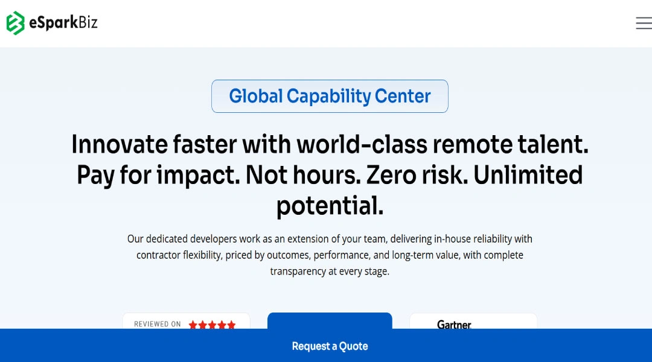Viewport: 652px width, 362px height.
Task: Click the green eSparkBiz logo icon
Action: pyautogui.click(x=15, y=23)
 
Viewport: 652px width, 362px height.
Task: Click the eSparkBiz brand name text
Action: pyautogui.click(x=63, y=22)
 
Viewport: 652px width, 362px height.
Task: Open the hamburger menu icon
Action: pyautogui.click(x=644, y=23)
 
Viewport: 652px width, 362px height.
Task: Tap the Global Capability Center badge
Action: pyautogui.click(x=330, y=96)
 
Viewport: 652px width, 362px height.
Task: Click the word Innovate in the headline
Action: pyautogui.click(x=120, y=144)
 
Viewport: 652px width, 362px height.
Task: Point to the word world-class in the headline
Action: pyautogui.click(x=362, y=144)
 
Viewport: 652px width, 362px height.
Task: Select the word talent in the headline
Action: pyautogui.click(x=552, y=144)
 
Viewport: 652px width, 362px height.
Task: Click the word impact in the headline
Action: pyautogui.click(x=198, y=175)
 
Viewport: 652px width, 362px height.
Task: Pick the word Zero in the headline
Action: pyautogui.click(x=391, y=175)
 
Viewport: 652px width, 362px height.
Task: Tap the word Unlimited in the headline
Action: pyautogui.click(x=528, y=175)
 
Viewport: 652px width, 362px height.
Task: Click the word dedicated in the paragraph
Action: pyautogui.click(x=167, y=239)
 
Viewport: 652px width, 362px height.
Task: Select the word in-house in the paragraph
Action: pyautogui.click(x=452, y=239)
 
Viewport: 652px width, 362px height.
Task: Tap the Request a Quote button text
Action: pyautogui.click(x=330, y=346)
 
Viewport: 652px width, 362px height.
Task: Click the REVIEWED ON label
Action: pyautogui.click(x=157, y=324)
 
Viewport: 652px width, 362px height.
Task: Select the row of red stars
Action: pyautogui.click(x=212, y=325)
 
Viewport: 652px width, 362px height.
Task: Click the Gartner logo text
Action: pyautogui.click(x=454, y=324)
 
